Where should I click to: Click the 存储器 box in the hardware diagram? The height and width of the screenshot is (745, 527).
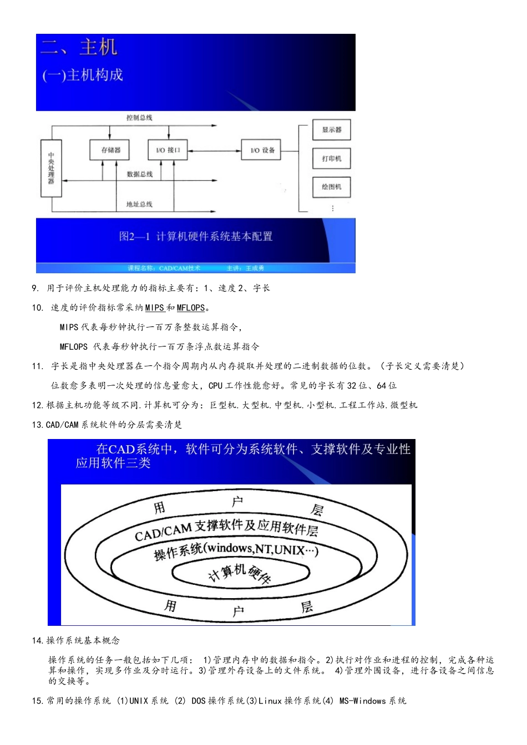click(110, 150)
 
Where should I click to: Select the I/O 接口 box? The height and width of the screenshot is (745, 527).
click(168, 150)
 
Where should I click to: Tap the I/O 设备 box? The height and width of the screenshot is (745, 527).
click(262, 150)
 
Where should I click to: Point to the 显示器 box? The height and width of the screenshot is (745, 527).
click(332, 130)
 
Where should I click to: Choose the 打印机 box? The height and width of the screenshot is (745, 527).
click(332, 159)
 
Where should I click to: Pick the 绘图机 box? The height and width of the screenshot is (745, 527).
click(332, 187)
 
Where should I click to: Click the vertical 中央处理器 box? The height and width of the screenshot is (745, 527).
click(51, 168)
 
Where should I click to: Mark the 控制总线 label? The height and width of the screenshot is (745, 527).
click(139, 118)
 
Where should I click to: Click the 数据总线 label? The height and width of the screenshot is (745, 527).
click(139, 174)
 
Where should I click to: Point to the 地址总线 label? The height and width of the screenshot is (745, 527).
click(139, 204)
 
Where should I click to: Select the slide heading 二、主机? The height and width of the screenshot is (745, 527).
click(79, 47)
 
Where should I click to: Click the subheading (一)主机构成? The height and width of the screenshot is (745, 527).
click(83, 75)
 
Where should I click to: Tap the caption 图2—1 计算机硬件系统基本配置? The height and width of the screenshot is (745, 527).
click(196, 237)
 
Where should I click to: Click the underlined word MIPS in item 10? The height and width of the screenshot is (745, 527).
click(154, 308)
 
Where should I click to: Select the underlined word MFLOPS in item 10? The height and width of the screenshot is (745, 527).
click(190, 308)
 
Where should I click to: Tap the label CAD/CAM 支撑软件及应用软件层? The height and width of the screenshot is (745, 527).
click(226, 529)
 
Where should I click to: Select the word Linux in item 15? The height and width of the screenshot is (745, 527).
click(270, 701)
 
